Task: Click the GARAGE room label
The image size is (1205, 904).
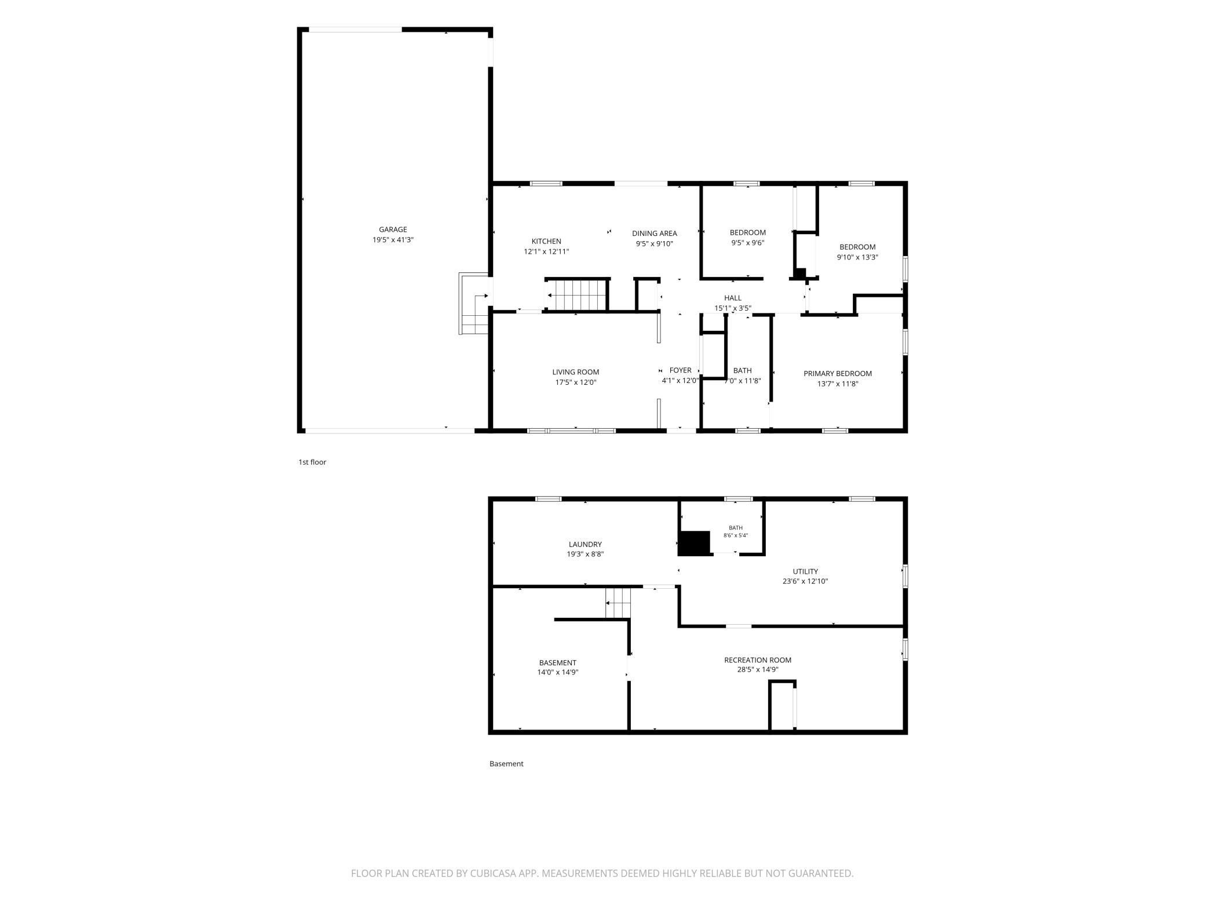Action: [393, 229]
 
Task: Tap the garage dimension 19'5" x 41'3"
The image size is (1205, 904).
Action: [393, 240]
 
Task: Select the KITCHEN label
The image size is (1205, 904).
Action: [546, 242]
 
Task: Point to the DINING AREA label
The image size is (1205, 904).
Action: [654, 234]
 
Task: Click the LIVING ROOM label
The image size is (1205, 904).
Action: [575, 372]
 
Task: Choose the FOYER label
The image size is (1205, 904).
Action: [680, 370]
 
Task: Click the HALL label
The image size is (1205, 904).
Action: [732, 298]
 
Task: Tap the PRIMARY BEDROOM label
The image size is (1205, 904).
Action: [837, 374]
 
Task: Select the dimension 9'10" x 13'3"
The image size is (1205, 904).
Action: [857, 257]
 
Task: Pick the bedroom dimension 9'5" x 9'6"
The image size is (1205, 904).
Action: [747, 243]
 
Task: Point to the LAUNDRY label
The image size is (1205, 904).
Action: [585, 544]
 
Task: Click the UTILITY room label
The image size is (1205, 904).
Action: [805, 571]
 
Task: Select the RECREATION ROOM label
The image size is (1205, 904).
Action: [757, 660]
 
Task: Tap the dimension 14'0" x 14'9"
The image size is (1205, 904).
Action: [557, 673]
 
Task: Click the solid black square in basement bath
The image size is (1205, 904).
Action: [694, 543]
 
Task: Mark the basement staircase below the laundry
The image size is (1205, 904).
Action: [618, 603]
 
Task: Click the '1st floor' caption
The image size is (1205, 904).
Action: [312, 462]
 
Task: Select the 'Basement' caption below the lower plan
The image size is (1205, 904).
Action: [506, 764]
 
